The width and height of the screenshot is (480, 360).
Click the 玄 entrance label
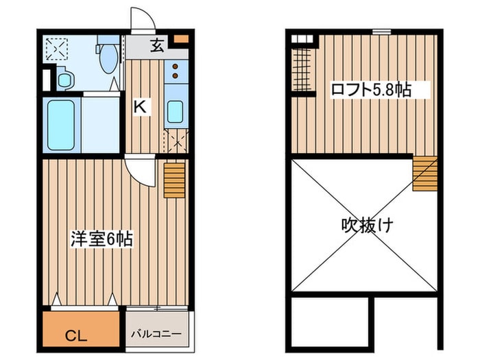pos(157,46)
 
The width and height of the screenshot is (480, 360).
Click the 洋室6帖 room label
pos(101,240)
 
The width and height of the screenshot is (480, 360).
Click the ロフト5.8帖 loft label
pos(371,89)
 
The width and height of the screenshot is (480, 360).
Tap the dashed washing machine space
pos(56,49)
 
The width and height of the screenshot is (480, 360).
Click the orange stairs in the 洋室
pos(175,180)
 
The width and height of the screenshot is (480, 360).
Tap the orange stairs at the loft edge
pos(424,172)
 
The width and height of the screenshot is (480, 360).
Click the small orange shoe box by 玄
pos(180,38)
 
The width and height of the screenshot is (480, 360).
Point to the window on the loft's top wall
pos(381,31)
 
